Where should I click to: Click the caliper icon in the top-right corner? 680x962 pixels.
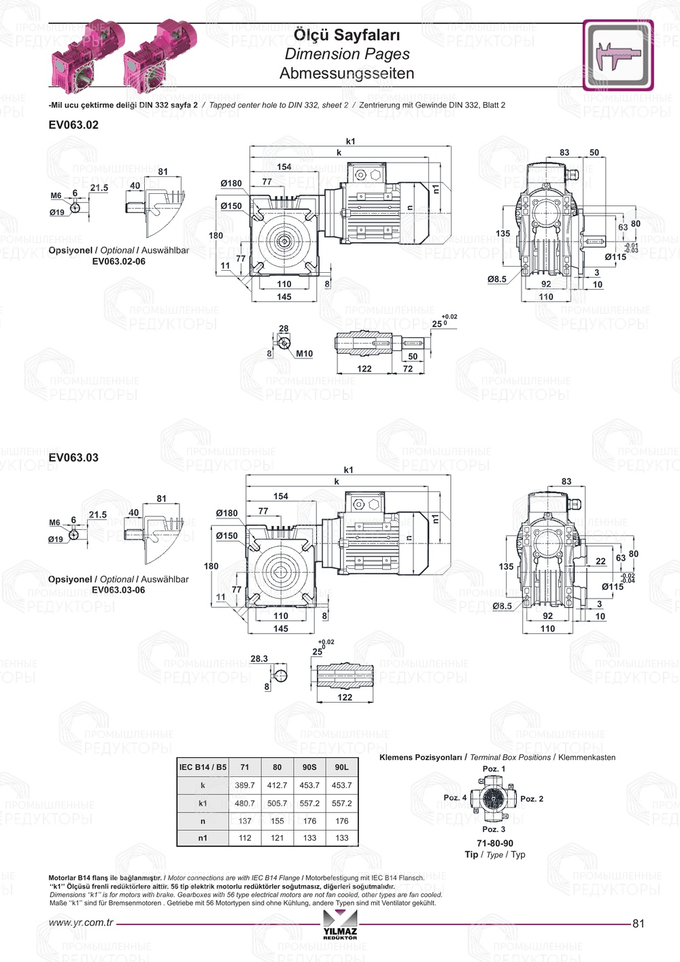(x=617, y=55)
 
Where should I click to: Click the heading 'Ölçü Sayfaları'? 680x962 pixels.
(x=347, y=35)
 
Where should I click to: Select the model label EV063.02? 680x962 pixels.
(x=73, y=125)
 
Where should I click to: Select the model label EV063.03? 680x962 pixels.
(x=73, y=458)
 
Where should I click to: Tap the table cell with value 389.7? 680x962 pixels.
(x=245, y=785)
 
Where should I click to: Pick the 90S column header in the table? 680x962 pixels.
(x=309, y=767)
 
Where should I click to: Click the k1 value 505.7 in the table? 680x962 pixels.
(x=277, y=803)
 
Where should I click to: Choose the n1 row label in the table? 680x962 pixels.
(x=203, y=838)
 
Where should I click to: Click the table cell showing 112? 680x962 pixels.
(x=245, y=838)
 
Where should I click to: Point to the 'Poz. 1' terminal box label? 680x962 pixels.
(x=494, y=769)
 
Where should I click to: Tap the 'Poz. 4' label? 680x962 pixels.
(x=455, y=797)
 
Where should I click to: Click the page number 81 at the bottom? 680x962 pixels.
(x=638, y=923)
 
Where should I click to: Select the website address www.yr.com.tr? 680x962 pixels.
(x=81, y=923)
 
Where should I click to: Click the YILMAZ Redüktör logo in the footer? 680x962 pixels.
(x=340, y=926)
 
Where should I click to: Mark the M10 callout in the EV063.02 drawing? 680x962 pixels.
(x=304, y=354)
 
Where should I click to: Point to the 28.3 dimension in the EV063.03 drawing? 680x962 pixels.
(x=259, y=659)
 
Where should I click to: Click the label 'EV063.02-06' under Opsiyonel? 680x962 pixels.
(x=118, y=261)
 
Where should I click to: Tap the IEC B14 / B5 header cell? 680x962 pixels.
(x=203, y=767)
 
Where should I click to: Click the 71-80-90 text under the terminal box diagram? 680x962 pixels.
(x=495, y=844)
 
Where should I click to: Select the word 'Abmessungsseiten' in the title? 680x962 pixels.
(x=347, y=73)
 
